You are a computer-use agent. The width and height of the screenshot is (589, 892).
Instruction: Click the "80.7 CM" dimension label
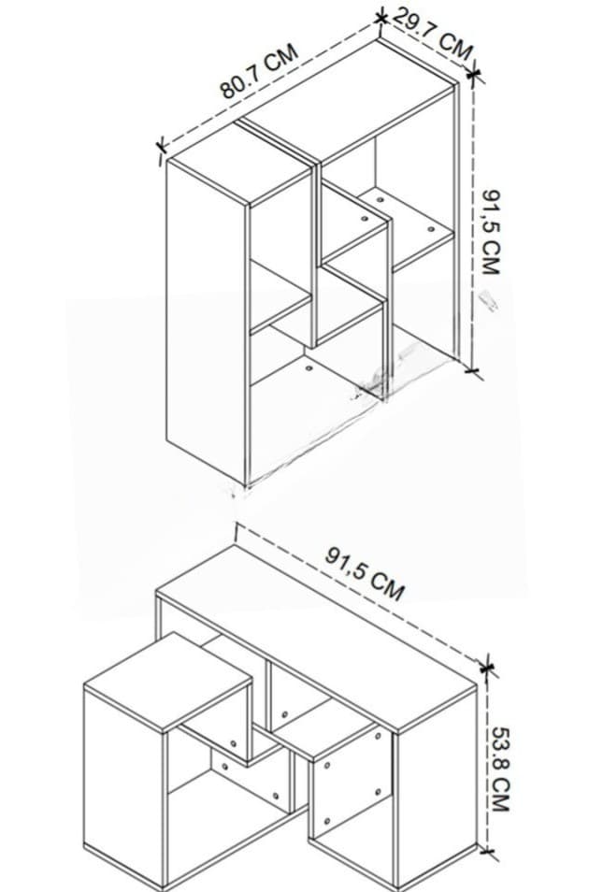tap(259, 70)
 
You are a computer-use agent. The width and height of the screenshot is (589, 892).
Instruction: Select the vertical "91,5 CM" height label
tap(491, 232)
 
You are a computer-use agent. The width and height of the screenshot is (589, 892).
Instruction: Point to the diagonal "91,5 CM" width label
tap(365, 573)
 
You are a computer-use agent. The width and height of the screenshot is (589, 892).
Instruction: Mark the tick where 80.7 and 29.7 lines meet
tap(381, 18)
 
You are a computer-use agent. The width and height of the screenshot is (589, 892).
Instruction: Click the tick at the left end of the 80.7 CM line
tap(161, 148)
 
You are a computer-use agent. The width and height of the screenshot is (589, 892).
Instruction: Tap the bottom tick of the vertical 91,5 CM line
tap(472, 371)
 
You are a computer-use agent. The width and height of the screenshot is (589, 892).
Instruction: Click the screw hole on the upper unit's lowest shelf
tap(309, 368)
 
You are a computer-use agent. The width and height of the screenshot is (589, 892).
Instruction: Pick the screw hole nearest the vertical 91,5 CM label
tap(431, 229)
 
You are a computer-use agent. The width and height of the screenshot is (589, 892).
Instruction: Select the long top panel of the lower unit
tap(316, 639)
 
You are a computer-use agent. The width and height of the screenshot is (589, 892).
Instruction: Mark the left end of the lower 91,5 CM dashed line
tap(236, 525)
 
